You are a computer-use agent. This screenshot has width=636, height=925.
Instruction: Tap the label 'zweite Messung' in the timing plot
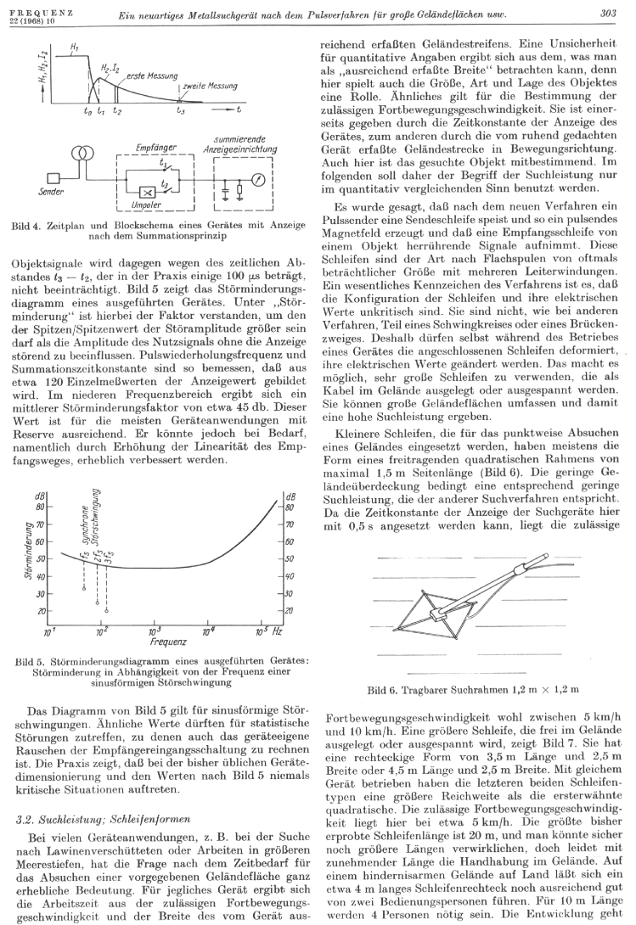point(208,87)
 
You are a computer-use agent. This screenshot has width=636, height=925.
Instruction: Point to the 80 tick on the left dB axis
point(40,507)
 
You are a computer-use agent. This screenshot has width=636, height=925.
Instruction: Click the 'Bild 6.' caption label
point(382,689)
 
